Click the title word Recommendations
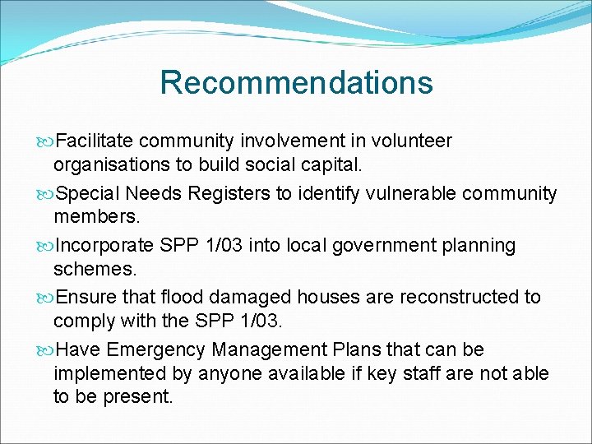(296, 82)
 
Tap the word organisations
(112, 164)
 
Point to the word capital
(332, 164)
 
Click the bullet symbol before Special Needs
(46, 194)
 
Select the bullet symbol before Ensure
(46, 298)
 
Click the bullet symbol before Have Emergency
(46, 350)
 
